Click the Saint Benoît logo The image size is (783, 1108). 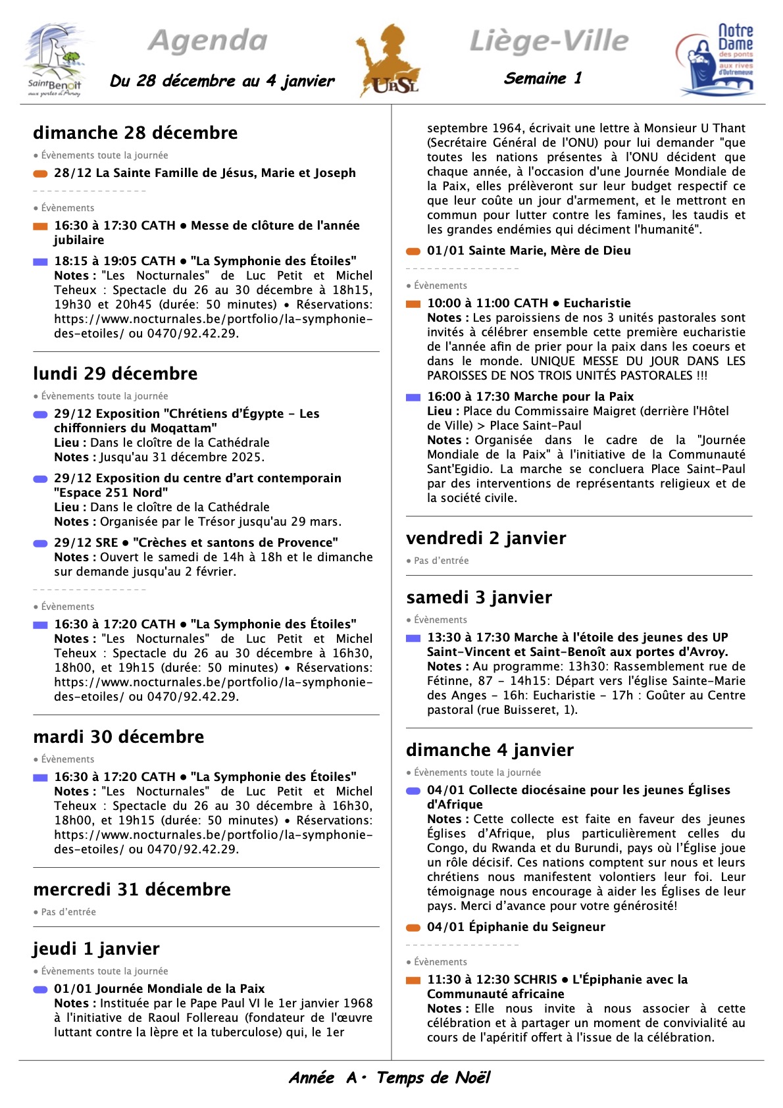tap(55, 61)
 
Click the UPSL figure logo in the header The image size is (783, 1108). tap(389, 61)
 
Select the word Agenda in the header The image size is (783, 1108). tap(208, 41)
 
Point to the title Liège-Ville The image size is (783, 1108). tap(549, 41)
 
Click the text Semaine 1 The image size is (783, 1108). tap(543, 78)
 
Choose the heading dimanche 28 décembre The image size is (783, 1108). tap(135, 133)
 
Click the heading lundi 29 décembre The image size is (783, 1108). tap(115, 374)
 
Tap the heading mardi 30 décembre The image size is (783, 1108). tap(118, 737)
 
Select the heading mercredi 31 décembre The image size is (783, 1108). tap(132, 890)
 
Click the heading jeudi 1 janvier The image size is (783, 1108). tap(96, 949)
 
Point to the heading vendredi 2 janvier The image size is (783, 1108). tap(486, 538)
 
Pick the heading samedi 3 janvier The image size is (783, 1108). tap(479, 597)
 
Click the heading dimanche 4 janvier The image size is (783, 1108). tap(490, 750)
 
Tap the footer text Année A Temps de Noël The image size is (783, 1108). tap(390, 1078)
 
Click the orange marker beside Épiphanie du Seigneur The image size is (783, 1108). tap(413, 928)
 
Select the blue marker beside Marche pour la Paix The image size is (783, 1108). tap(413, 397)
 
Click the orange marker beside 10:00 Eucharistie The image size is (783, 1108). tap(413, 304)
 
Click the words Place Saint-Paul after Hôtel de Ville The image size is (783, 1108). tap(536, 426)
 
